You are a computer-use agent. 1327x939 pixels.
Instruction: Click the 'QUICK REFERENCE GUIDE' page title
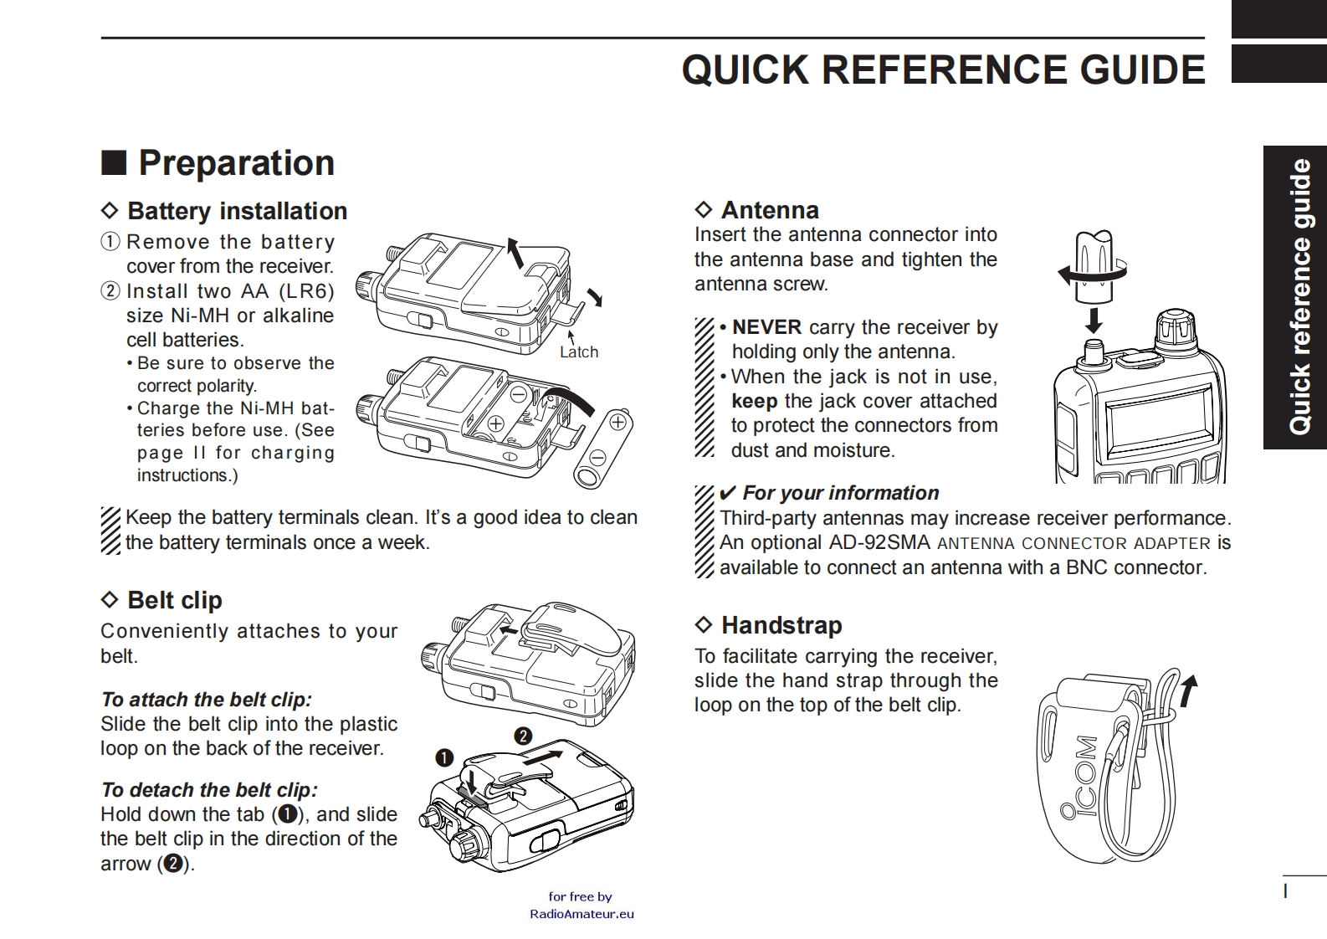tap(943, 69)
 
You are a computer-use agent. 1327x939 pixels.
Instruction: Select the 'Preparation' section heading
tap(236, 163)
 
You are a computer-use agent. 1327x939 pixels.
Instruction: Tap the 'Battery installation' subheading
tap(237, 211)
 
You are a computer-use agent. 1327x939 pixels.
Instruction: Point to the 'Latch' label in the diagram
tap(579, 352)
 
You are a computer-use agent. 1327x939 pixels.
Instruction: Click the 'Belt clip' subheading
tap(174, 600)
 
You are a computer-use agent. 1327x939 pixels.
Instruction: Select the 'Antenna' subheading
tap(770, 210)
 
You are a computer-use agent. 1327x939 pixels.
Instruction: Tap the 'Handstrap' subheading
tap(781, 625)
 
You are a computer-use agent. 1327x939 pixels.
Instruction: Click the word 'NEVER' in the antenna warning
tap(766, 327)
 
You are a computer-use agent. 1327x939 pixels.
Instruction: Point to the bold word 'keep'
tap(754, 401)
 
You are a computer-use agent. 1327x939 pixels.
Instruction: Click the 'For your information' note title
tap(840, 493)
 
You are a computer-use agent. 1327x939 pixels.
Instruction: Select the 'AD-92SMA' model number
tap(879, 542)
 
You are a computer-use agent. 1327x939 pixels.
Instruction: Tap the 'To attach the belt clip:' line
tap(206, 700)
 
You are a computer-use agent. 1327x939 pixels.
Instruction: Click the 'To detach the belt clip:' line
tap(209, 790)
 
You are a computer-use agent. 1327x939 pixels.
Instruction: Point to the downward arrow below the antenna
tap(1093, 320)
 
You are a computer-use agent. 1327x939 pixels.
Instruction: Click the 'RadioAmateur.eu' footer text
tap(582, 914)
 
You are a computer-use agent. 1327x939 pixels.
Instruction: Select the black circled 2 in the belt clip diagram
tap(523, 736)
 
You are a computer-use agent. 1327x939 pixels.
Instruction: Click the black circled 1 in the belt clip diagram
tap(444, 758)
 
